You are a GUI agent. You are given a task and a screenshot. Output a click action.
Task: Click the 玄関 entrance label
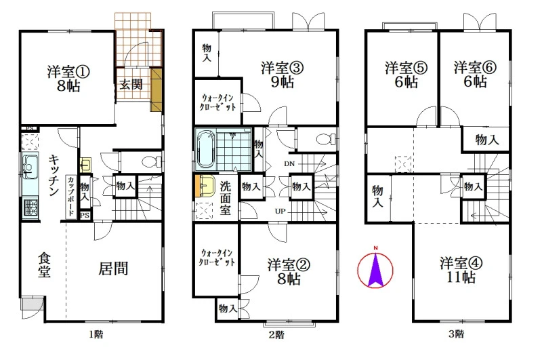131,84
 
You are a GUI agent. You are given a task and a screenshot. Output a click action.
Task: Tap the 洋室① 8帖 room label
68,78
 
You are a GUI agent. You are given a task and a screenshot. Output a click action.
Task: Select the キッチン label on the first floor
54,175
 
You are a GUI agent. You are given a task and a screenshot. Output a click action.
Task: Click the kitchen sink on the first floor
30,167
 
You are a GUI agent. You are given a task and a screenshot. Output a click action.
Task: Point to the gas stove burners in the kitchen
30,207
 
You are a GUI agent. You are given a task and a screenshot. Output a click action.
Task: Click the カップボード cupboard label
70,196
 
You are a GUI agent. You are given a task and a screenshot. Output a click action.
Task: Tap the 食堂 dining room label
44,265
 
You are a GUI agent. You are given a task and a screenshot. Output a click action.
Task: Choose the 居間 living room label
113,268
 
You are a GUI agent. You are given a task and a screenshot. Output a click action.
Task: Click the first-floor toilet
152,161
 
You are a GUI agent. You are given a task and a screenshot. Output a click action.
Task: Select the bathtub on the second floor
205,149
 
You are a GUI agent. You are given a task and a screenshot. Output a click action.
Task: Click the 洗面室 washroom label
226,198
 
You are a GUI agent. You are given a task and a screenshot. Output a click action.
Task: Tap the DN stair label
289,163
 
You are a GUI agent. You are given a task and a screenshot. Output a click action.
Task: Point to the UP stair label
280,211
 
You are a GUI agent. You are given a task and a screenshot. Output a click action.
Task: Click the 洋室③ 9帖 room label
283,75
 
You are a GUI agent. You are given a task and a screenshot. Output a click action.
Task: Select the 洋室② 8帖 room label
289,272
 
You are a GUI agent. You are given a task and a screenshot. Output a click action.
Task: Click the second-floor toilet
327,139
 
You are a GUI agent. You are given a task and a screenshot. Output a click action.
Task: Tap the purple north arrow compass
375,268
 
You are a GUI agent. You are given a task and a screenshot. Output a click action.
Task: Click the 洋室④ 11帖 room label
461,270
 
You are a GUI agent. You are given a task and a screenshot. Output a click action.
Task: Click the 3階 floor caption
456,334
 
